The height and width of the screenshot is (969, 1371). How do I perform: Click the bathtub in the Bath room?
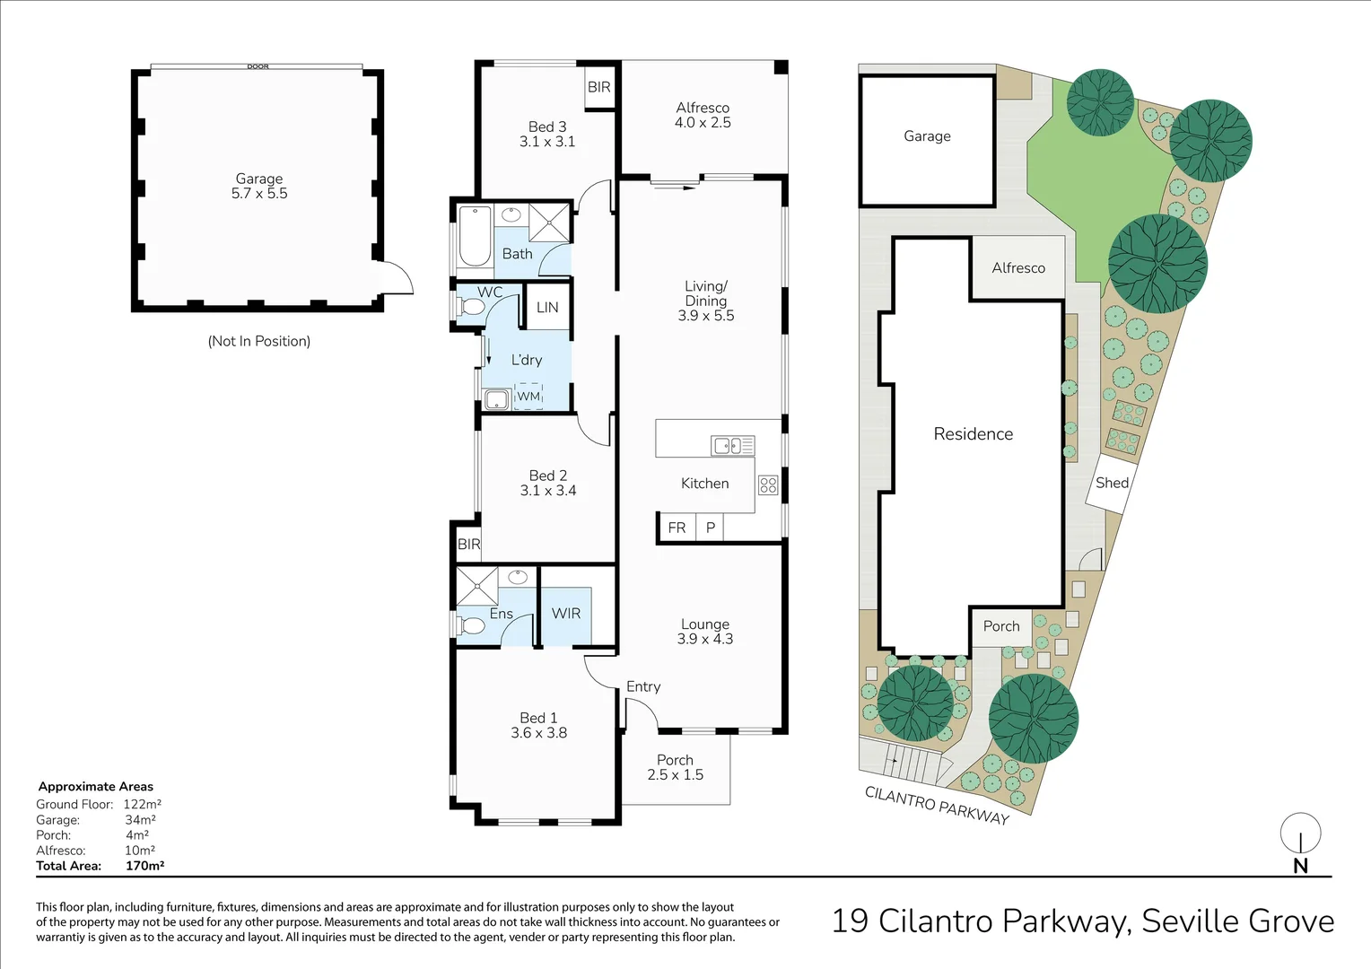(475, 236)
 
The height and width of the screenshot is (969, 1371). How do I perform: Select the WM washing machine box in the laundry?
(528, 396)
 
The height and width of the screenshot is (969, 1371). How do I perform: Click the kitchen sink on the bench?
(733, 445)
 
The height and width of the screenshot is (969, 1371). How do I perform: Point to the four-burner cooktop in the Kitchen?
(768, 485)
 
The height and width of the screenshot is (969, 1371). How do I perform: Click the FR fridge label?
(677, 528)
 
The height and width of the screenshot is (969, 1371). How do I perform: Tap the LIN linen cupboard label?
(547, 307)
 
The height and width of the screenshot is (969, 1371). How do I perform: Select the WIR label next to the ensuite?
(565, 614)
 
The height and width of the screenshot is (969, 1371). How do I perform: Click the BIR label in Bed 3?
(598, 87)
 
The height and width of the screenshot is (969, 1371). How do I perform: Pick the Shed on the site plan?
(1112, 484)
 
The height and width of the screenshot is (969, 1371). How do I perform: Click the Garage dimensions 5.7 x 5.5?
(259, 194)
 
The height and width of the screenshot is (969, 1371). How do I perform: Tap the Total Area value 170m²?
(144, 866)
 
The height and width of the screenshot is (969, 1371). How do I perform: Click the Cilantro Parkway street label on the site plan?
(937, 805)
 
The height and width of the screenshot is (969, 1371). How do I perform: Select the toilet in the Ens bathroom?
(470, 626)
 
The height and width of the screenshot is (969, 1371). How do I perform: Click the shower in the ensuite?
(476, 587)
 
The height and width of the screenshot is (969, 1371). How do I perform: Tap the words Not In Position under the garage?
(259, 341)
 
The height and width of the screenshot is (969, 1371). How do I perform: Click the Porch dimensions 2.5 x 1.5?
(675, 775)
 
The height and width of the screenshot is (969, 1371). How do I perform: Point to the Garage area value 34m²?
(140, 820)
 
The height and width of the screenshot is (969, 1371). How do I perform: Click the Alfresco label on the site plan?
(1018, 268)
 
